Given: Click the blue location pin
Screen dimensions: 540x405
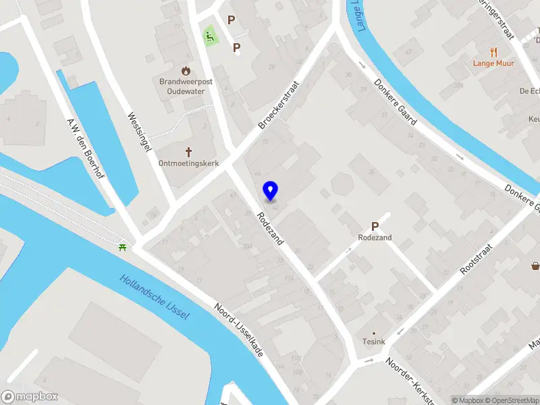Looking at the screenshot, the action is click(271, 190).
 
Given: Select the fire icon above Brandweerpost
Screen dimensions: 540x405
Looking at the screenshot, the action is click(186, 70).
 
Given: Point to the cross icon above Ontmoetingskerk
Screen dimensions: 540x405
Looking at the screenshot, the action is click(188, 152).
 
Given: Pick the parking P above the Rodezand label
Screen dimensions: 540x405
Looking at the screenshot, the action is click(375, 227).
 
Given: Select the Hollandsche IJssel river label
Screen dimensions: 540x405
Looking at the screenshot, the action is click(155, 297).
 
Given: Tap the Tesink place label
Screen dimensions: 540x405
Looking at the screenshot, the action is click(373, 342).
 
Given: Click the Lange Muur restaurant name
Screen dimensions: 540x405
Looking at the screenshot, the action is click(494, 63).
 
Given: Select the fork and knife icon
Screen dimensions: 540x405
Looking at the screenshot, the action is click(494, 51).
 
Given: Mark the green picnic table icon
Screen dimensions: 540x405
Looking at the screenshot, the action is click(122, 248).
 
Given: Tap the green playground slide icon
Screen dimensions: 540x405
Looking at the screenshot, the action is click(210, 35).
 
